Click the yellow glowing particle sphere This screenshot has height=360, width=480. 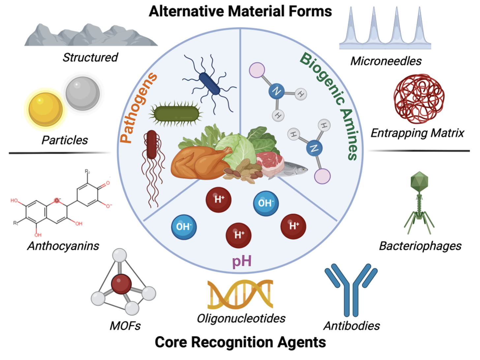pos(45,109)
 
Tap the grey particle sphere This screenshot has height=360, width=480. pos(82,94)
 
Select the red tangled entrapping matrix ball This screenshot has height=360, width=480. pos(419,99)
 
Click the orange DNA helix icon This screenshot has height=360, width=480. pos(240,294)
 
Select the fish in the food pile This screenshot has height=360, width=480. pos(292,169)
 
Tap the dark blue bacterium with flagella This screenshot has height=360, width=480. pos(210,84)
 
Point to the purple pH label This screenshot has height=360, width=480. pos(242,261)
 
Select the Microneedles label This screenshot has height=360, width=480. pos(386,61)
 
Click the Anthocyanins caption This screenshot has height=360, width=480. pos(63,246)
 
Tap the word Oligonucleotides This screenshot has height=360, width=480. pos(241,318)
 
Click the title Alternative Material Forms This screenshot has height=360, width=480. pos(240,11)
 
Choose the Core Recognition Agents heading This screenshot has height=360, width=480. pos(240,342)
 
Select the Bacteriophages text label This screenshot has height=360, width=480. pos(420,246)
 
